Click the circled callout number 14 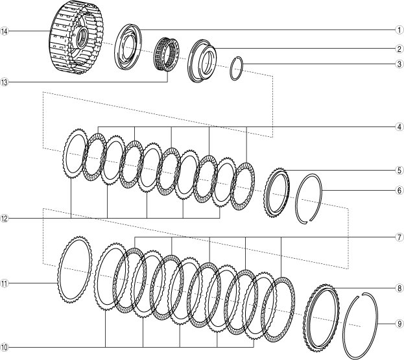click(4, 31)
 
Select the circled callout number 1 click(399, 30)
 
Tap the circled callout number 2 click(399, 49)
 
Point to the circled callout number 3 click(399, 64)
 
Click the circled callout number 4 click(399, 127)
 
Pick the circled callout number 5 click(399, 171)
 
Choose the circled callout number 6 click(399, 191)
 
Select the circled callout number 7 click(399, 237)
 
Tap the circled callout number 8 click(399, 288)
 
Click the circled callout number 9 click(399, 324)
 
